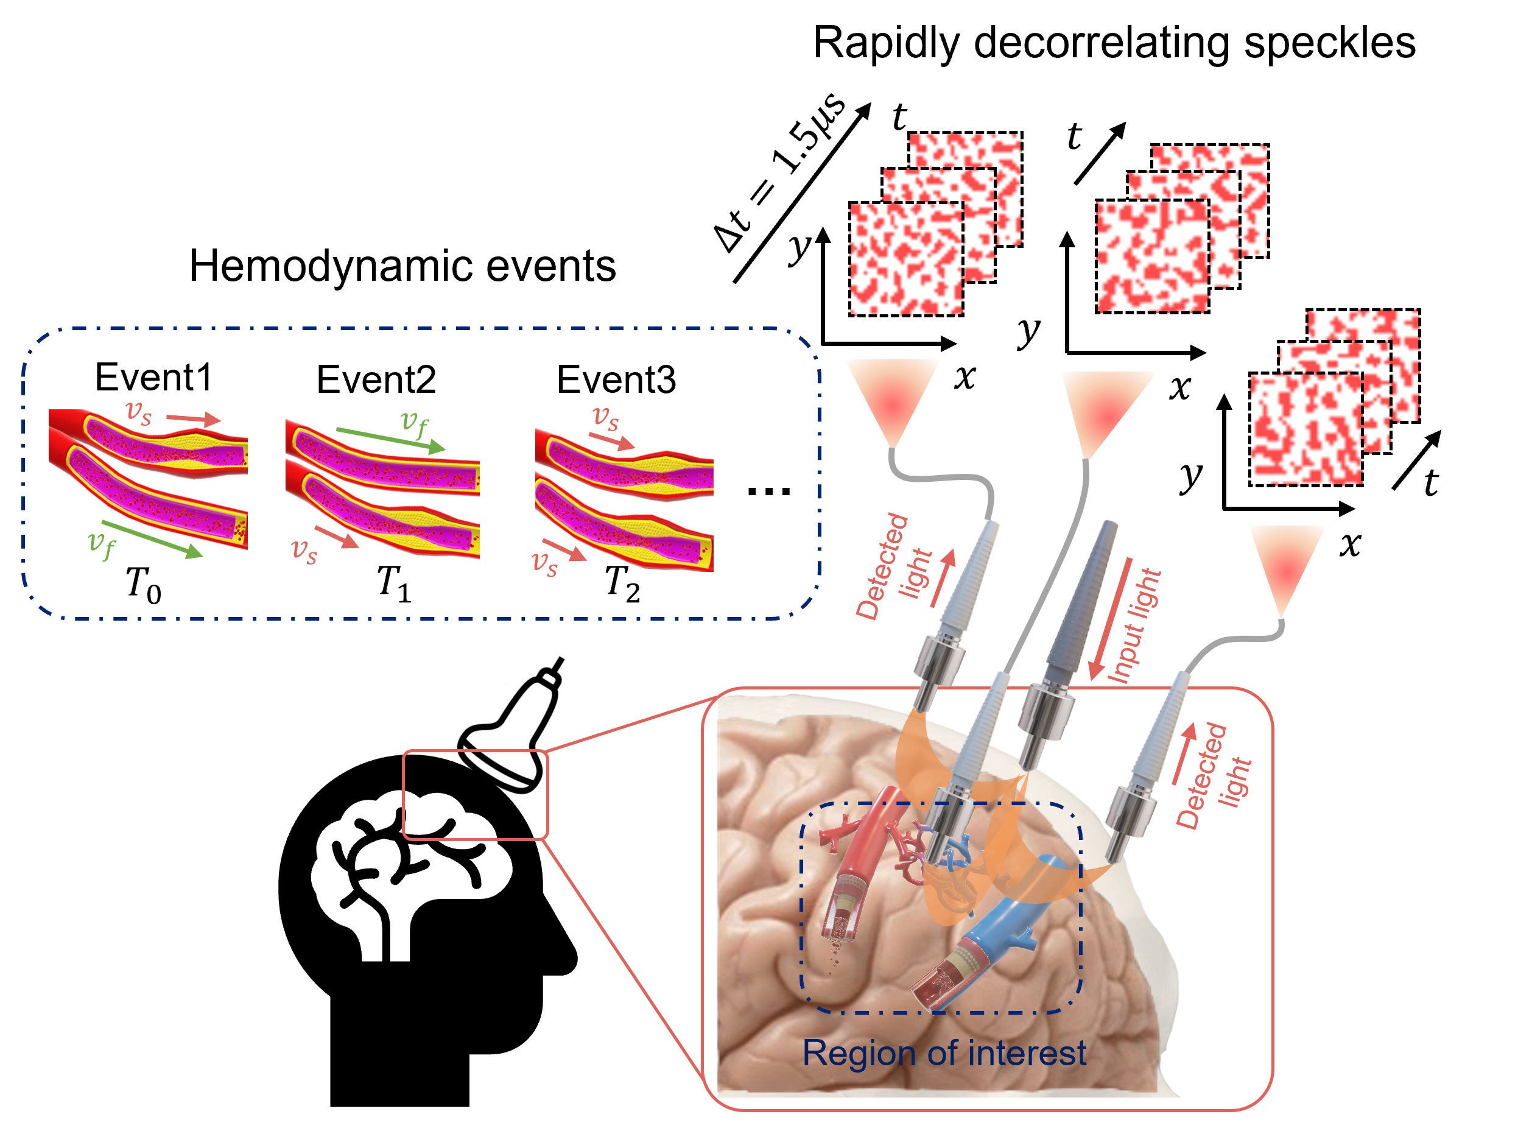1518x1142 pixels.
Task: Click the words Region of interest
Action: (944, 1053)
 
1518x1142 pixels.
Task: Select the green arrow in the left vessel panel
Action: (152, 540)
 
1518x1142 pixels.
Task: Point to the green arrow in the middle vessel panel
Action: (390, 439)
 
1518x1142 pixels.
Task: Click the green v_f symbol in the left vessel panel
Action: (102, 545)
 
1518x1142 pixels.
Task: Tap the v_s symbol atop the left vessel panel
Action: (139, 412)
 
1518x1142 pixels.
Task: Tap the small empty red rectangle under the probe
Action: (475, 795)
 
